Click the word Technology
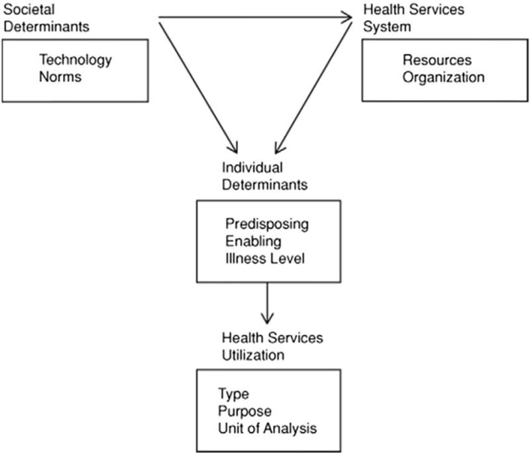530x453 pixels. pyautogui.click(x=76, y=60)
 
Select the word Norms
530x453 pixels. pyautogui.click(x=60, y=77)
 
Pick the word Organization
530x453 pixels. pyautogui.click(x=443, y=77)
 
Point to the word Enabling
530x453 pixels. pyautogui.click(x=252, y=241)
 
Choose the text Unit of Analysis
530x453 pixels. pyautogui.click(x=267, y=428)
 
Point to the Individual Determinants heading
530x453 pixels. pyautogui.click(x=264, y=176)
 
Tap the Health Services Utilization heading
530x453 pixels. pyautogui.click(x=272, y=346)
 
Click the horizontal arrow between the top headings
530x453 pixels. pyautogui.click(x=255, y=18)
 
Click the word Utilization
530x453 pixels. pyautogui.click(x=253, y=355)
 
